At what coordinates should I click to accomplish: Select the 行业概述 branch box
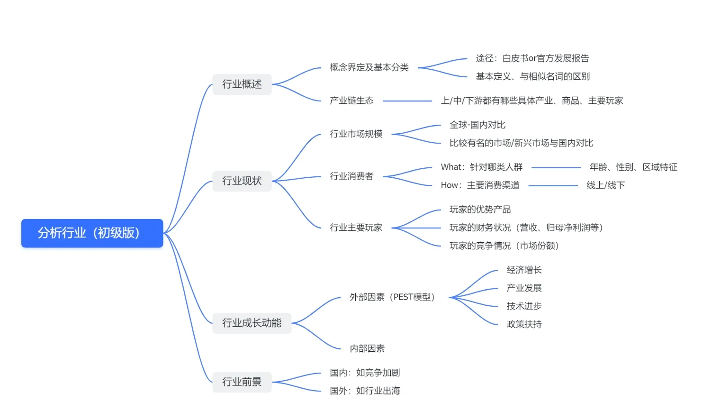(x=242, y=84)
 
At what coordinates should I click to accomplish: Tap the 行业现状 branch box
(x=242, y=181)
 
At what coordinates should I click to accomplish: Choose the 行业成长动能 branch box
(x=252, y=323)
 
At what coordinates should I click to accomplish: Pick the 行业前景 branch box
(x=242, y=382)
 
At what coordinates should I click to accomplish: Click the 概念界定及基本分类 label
(x=369, y=68)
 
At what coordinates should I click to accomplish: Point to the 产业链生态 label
(x=351, y=101)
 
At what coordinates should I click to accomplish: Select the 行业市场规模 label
(x=356, y=134)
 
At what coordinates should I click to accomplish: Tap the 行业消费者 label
(x=351, y=176)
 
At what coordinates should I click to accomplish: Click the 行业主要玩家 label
(x=356, y=228)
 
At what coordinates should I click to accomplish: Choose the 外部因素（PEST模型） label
(x=392, y=297)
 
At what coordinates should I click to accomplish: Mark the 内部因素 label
(x=367, y=349)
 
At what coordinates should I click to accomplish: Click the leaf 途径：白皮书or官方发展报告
(x=532, y=59)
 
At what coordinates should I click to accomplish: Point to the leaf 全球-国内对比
(x=477, y=125)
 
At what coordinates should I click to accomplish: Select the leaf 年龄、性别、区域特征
(x=633, y=167)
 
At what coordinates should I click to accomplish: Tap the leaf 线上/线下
(x=605, y=185)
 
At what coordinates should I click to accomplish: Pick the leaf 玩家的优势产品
(x=480, y=210)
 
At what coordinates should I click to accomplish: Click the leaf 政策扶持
(x=524, y=325)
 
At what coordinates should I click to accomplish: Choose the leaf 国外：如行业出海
(x=365, y=391)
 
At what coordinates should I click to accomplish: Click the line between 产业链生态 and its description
(x=407, y=101)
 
